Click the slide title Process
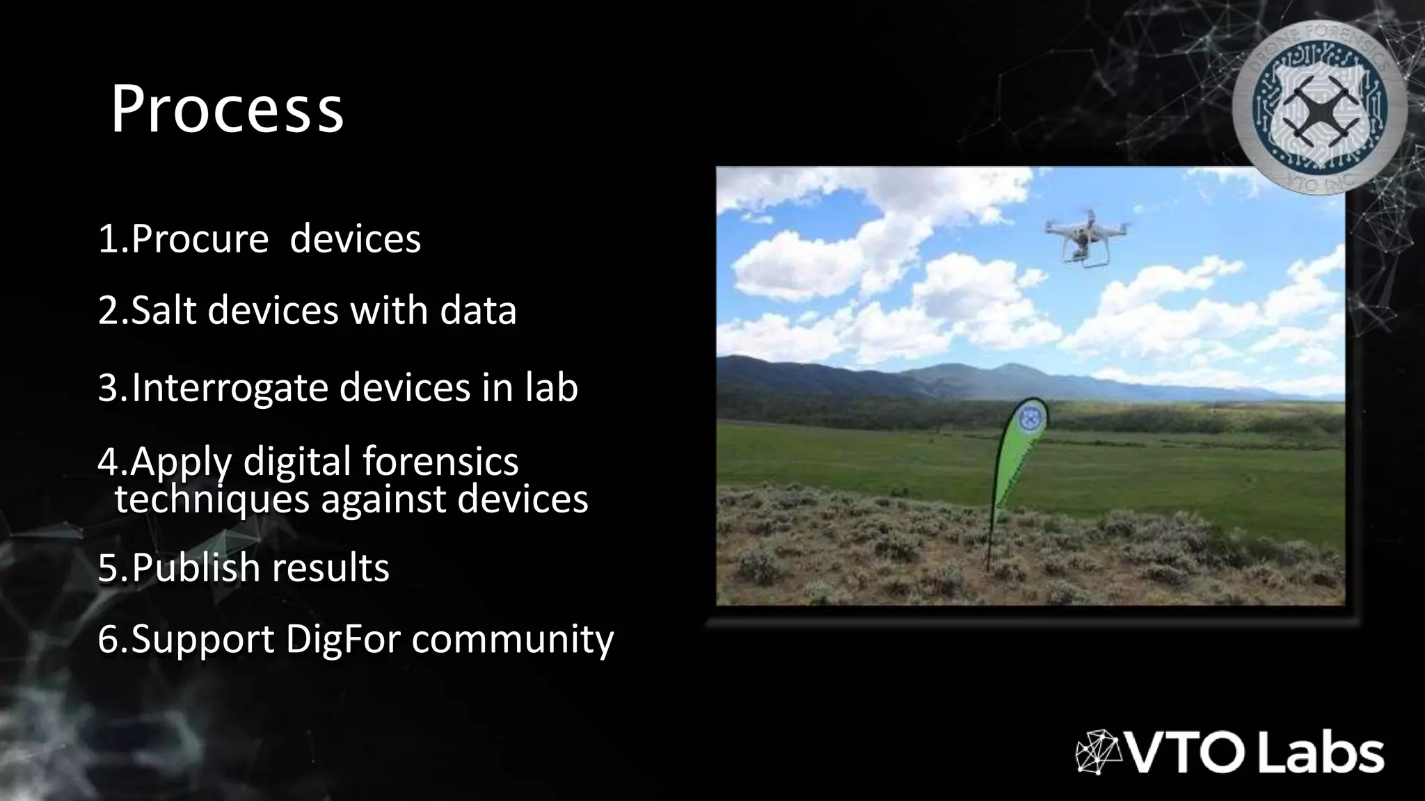(227, 108)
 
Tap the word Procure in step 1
(200, 239)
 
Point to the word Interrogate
(230, 387)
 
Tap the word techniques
(212, 499)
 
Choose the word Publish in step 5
(196, 567)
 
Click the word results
(331, 567)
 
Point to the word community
(512, 640)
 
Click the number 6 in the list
(109, 638)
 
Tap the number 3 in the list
(109, 387)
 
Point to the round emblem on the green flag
(1030, 420)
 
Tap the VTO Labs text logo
(1255, 754)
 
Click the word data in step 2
(478, 309)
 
